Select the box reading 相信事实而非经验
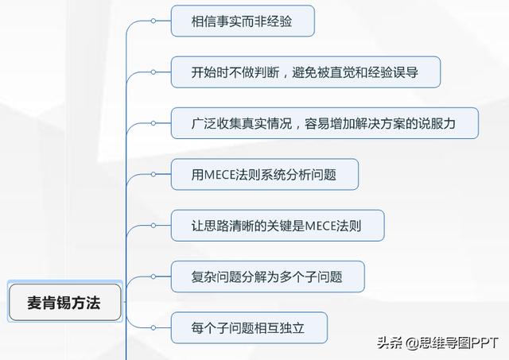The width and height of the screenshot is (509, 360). [243, 21]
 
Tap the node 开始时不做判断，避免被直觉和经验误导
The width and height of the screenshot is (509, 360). [305, 72]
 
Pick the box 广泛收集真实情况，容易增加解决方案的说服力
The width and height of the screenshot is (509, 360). [324, 123]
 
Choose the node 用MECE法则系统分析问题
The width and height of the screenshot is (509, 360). [264, 174]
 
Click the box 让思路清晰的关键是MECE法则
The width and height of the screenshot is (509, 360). [278, 226]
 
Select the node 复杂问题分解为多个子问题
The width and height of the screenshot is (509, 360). [268, 277]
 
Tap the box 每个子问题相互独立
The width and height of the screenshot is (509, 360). [248, 327]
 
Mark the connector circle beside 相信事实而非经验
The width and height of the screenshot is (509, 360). [153, 21]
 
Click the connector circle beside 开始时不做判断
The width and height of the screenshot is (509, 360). [153, 72]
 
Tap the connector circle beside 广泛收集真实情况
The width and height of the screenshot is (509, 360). [153, 123]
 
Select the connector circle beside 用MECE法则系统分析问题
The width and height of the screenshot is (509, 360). [153, 174]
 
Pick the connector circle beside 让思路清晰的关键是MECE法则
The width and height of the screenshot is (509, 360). [153, 226]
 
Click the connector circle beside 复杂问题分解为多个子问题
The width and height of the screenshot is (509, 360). [153, 277]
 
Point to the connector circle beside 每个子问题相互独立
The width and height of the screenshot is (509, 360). [153, 327]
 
